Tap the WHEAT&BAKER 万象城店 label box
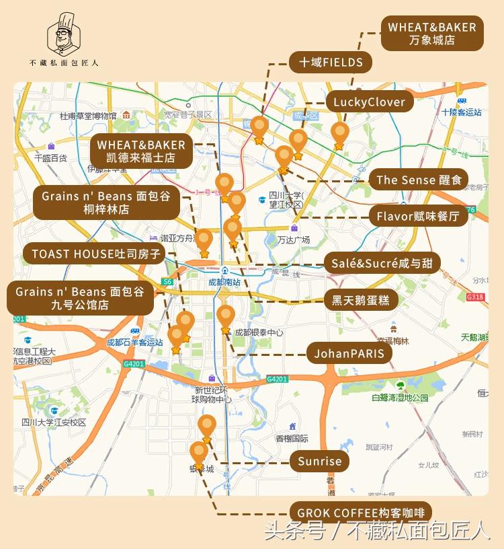pyautogui.click(x=432, y=34)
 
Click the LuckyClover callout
pyautogui.click(x=369, y=102)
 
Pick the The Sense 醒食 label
pyautogui.click(x=419, y=180)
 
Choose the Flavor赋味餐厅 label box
pyautogui.click(x=418, y=216)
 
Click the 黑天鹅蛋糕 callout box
pyautogui.click(x=360, y=300)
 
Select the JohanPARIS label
pyautogui.click(x=349, y=353)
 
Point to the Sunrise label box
pyautogui.click(x=320, y=462)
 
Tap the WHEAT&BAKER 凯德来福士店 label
pyautogui.click(x=141, y=151)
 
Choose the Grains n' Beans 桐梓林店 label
pyautogui.click(x=106, y=203)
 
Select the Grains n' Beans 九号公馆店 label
pyautogui.click(x=80, y=298)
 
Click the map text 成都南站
pyautogui.click(x=224, y=283)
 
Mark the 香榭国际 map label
pyautogui.click(x=292, y=439)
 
